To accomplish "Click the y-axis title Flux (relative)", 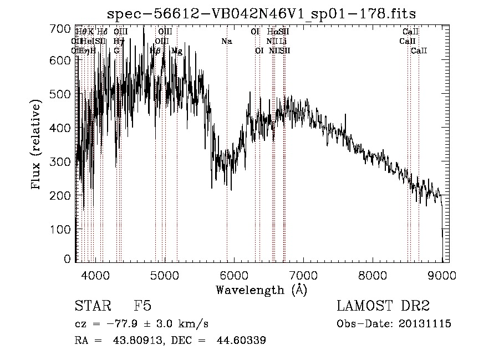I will coord(37,145).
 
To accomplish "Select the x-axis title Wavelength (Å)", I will coord(261,290).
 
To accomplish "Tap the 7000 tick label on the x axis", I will coord(303,275).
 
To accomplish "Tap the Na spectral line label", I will coord(226,42).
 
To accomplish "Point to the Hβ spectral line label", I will coord(155,51).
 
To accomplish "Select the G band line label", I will coord(116,51).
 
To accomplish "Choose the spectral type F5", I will coord(142,306).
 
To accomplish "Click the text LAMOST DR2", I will coord(383,306).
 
